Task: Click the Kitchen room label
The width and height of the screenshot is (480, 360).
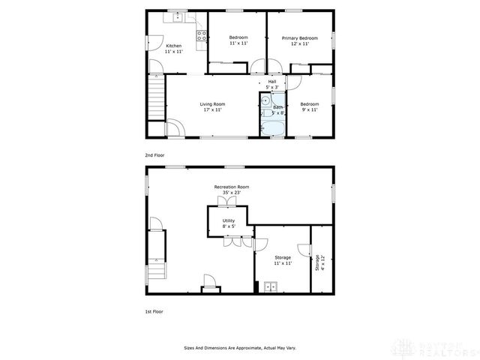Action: tap(173, 45)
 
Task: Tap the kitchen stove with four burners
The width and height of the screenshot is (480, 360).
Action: tap(201, 34)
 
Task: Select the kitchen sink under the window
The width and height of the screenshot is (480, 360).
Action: tap(178, 17)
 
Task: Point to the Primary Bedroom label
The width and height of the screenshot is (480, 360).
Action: tap(299, 38)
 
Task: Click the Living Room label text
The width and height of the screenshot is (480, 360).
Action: tap(212, 104)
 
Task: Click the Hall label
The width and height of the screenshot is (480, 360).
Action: tap(272, 82)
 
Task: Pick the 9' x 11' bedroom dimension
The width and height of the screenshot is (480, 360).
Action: tap(310, 110)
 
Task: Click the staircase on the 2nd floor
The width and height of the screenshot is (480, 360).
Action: tap(156, 100)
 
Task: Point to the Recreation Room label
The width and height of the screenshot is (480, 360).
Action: tap(231, 187)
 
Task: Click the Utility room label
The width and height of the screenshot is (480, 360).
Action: tap(228, 220)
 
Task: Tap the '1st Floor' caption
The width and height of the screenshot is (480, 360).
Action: tap(154, 310)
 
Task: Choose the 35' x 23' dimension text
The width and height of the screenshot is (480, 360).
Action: tap(231, 193)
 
